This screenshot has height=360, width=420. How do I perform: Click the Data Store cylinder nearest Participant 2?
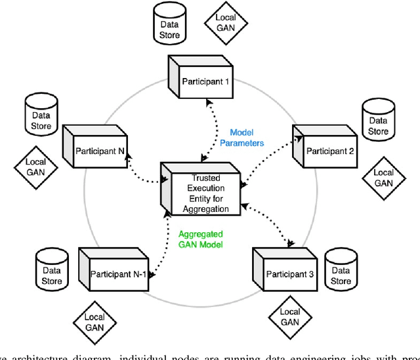click(x=377, y=122)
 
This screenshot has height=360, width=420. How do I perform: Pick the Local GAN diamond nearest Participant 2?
click(x=383, y=178)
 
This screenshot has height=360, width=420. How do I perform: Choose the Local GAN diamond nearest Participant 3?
click(x=289, y=317)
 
